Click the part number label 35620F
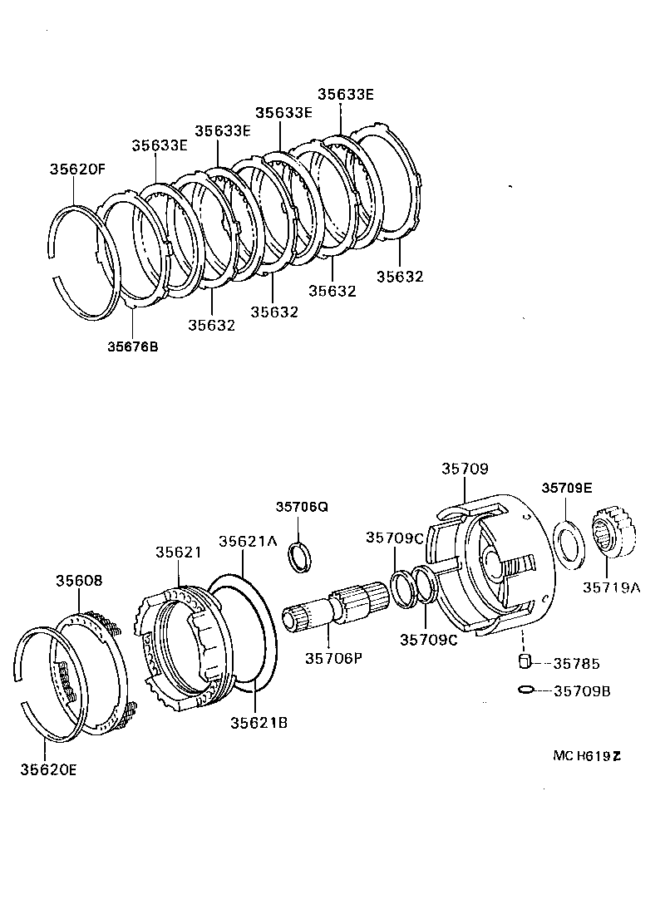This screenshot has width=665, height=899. click(x=77, y=169)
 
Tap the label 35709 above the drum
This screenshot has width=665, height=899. click(x=465, y=469)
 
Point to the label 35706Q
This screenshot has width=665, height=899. click(x=302, y=506)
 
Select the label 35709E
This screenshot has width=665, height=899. click(x=567, y=488)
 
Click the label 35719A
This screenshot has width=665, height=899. click(x=611, y=587)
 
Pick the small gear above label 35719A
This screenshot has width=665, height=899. click(x=616, y=536)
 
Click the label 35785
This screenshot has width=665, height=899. click(x=577, y=664)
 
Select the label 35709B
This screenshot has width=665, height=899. click(x=582, y=690)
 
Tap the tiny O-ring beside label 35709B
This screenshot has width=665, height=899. click(x=525, y=690)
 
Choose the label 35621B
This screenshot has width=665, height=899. click(x=259, y=722)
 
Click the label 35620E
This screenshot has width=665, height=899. click(x=49, y=769)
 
